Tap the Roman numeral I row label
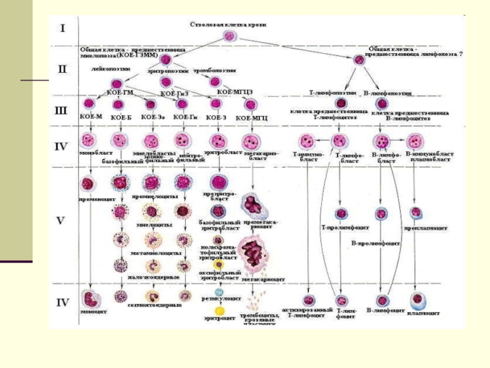[x=62, y=28]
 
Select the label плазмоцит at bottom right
[x=424, y=313]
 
